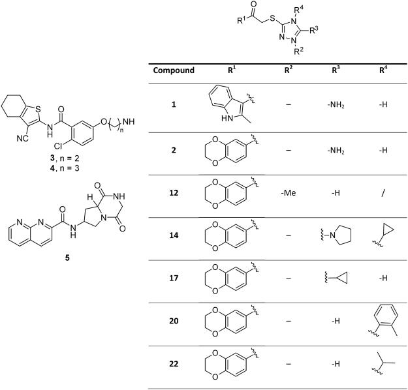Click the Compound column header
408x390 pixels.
click(173, 70)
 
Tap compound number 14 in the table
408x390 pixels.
click(174, 235)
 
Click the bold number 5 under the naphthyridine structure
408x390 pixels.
click(69, 256)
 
